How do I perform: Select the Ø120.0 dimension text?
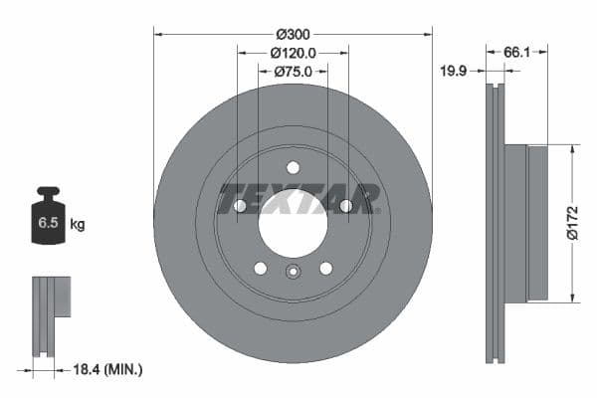coord(293,53)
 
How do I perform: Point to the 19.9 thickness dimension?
coord(456,71)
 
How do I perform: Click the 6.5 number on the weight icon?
coord(47,224)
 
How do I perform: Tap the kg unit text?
coord(77,225)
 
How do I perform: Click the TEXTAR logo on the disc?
coord(298,197)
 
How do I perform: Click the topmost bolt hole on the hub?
coord(293,167)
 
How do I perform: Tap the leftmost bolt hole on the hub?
coord(240,206)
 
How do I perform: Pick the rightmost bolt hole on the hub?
coord(345,206)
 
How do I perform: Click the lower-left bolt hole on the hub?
coord(261,268)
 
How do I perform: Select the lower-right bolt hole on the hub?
coord(325,268)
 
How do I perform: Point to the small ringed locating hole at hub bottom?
coord(293,274)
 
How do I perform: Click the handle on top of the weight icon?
coord(47,191)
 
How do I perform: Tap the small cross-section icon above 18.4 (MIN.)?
coord(50,314)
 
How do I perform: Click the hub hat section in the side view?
coord(525,224)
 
